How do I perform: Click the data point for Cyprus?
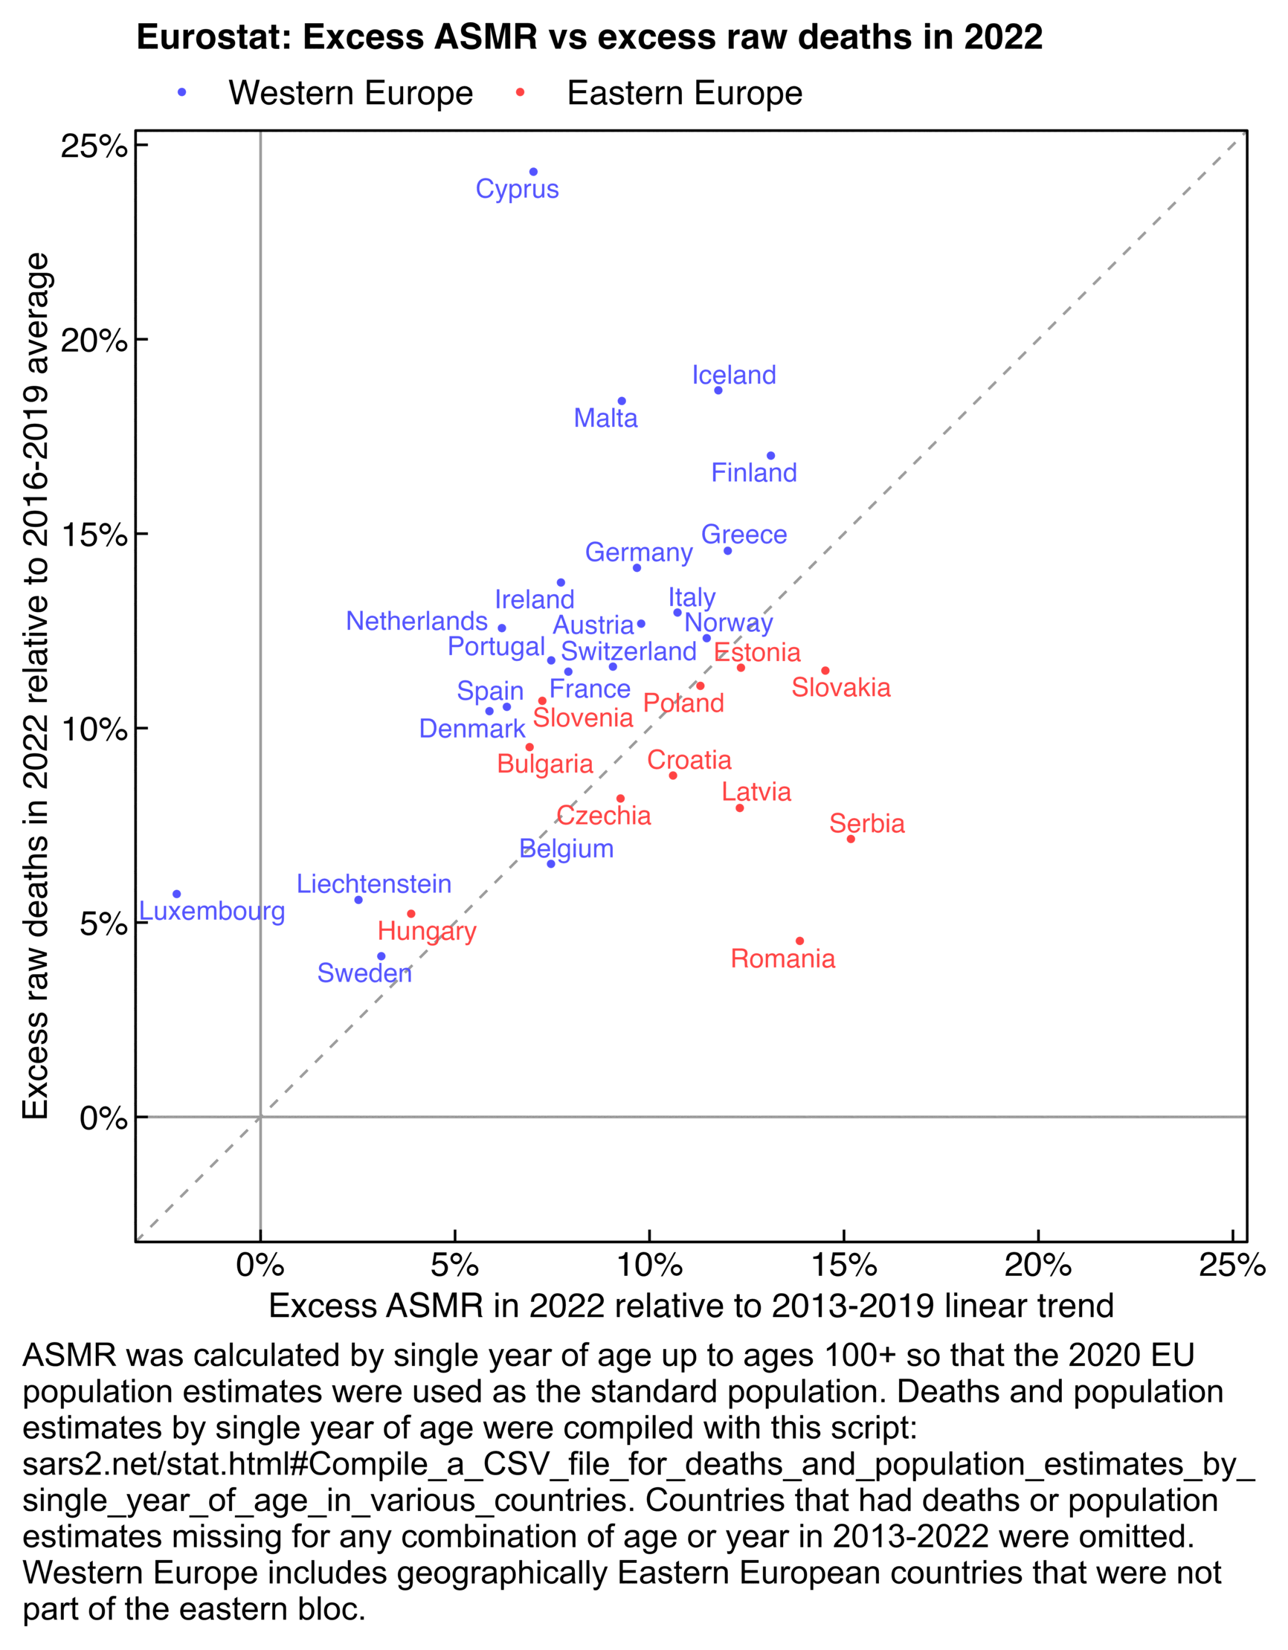tap(533, 173)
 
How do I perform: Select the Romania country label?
tap(782, 958)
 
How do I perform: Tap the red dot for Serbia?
tap(851, 839)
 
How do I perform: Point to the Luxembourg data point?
tap(177, 895)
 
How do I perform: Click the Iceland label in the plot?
tap(733, 375)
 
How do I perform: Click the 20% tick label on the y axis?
tap(94, 341)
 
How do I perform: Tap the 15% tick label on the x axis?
tap(844, 1265)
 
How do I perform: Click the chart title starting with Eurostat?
tap(589, 37)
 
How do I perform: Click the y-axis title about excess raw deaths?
tap(36, 686)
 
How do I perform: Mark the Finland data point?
tap(770, 456)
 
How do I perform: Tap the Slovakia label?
tap(841, 688)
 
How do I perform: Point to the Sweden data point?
tap(381, 956)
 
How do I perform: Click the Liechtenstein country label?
tap(374, 884)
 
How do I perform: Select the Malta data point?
tap(622, 402)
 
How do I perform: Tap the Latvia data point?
tap(740, 808)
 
